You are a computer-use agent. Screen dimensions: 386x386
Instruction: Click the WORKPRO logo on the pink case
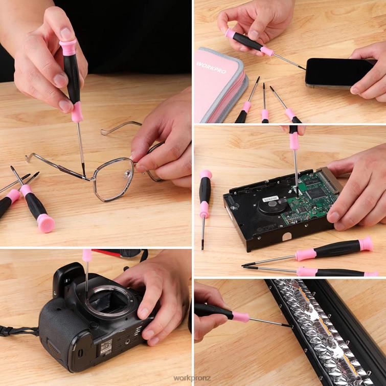pos(211,65)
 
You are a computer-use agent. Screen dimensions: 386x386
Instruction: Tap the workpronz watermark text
pos(192,378)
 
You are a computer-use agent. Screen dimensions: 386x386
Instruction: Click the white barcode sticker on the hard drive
pos(270,198)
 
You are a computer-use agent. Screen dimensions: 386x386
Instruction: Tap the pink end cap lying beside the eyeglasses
pos(46,223)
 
